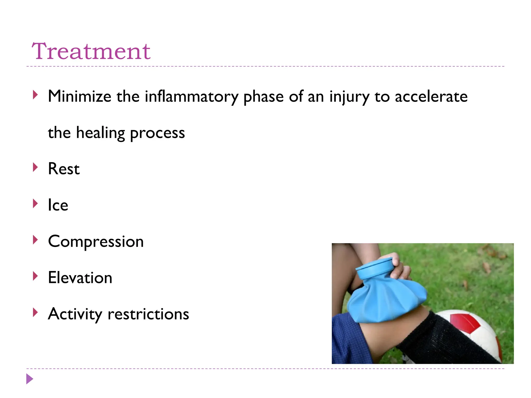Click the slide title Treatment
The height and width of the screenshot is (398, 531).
tap(91, 51)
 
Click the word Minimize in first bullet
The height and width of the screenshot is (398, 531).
tap(80, 96)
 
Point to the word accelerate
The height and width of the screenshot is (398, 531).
tap(431, 96)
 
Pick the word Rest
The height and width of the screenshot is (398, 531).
tap(64, 169)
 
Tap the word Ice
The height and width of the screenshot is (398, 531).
tap(58, 205)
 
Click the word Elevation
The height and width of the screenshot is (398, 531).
tap(80, 278)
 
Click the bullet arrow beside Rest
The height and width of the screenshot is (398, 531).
tap(36, 167)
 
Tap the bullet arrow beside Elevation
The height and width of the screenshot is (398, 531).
tap(36, 276)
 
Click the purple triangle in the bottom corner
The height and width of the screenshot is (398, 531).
tap(30, 379)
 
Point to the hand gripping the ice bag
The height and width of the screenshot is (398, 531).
tap(401, 268)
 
